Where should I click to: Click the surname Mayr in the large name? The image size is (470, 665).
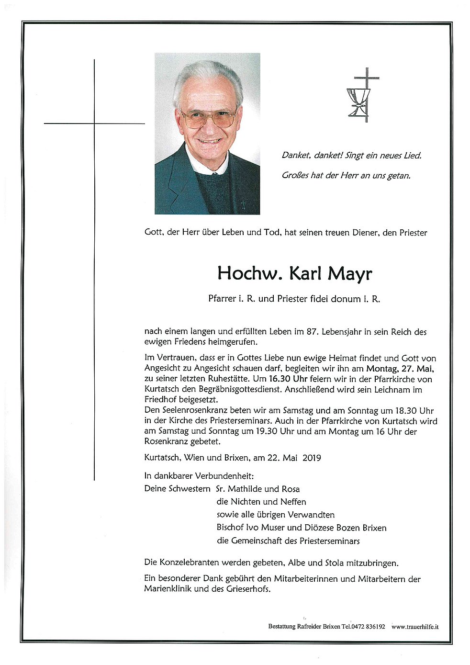click(x=349, y=274)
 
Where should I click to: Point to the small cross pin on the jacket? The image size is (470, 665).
click(x=243, y=205)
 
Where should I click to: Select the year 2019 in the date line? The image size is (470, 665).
click(x=312, y=458)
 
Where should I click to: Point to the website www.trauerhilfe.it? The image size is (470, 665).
click(x=415, y=626)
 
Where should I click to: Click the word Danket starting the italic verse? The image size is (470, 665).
click(x=297, y=156)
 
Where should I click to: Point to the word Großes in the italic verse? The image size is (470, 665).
click(x=295, y=176)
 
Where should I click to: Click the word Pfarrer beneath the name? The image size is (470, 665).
click(x=223, y=299)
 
